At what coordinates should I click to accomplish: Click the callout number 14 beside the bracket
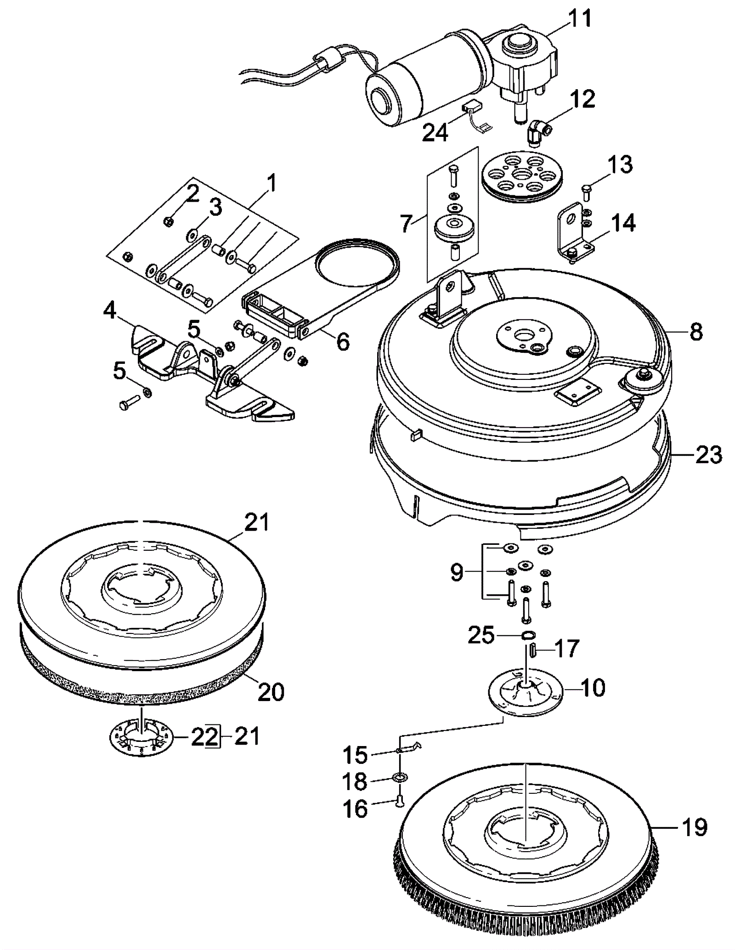[x=623, y=223]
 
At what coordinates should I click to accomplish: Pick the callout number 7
[x=405, y=224]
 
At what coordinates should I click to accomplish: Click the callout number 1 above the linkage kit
[x=272, y=184]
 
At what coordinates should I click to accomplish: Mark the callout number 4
[x=109, y=311]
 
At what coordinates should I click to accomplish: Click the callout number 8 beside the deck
[x=696, y=332]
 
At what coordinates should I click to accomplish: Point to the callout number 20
[x=271, y=691]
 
